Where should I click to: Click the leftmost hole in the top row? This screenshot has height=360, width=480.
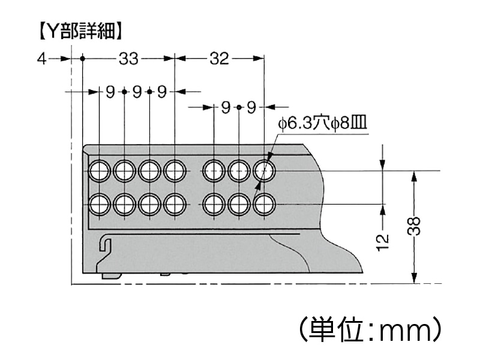click(x=99, y=171)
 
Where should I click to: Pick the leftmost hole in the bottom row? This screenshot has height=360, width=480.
click(x=99, y=205)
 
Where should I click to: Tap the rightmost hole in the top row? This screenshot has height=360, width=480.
click(x=264, y=171)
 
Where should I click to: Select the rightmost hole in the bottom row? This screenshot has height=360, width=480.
click(x=264, y=205)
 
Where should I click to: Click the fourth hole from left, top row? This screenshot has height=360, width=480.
click(x=174, y=171)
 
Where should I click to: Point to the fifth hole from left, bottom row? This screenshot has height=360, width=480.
click(x=214, y=205)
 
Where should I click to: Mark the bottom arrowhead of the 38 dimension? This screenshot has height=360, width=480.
click(x=414, y=277)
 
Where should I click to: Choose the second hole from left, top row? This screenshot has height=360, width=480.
click(x=124, y=171)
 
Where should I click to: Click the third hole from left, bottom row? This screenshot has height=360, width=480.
click(x=149, y=205)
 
